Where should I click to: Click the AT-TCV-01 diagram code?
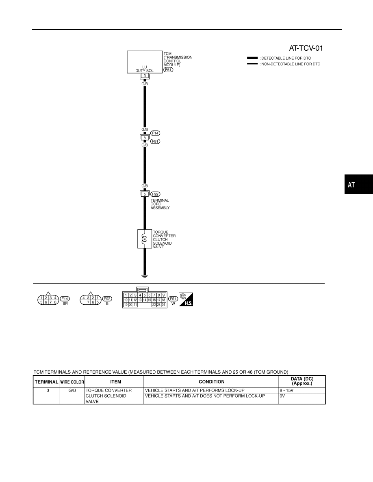coord(306,48)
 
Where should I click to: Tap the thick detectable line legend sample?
coord(252,58)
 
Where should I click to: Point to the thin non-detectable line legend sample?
coord(252,64)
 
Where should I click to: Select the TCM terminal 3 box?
coord(145,75)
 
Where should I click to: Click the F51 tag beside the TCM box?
coord(168,70)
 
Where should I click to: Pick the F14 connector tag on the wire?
coord(155,133)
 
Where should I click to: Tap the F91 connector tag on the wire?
coord(155,142)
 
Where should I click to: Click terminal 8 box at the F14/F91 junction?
coord(145,138)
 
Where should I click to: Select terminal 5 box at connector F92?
coord(145,194)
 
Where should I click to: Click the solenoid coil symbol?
coord(144,239)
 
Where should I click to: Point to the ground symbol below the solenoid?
coord(145,276)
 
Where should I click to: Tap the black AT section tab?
coord(358,184)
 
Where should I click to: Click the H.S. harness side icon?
coord(186,299)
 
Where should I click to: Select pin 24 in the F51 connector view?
coord(163,305)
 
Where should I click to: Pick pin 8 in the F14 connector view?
coord(55,302)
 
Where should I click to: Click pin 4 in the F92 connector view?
coord(83,298)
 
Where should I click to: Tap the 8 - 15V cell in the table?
coord(286,390)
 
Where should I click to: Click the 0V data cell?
coord(282,396)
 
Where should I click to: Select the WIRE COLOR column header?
coord(72,382)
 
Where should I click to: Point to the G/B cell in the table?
coord(72,390)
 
